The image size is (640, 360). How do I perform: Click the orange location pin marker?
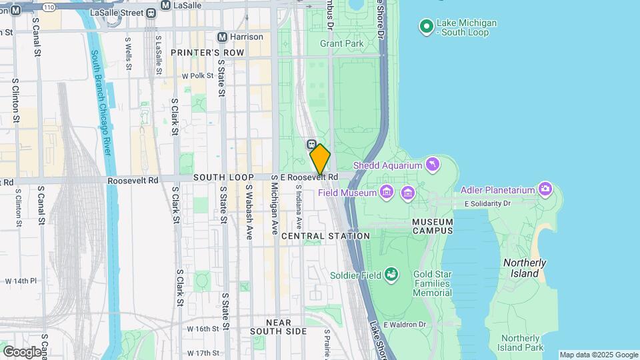click(x=320, y=159)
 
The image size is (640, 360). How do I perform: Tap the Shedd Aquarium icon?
click(x=435, y=165)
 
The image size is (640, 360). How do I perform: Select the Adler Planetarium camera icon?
click(x=545, y=189)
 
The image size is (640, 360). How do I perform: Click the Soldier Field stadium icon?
click(x=391, y=274)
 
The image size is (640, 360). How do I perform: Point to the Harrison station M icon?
click(x=223, y=37)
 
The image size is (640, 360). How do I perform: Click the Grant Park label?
click(x=341, y=44)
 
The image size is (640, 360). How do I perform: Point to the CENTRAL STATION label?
click(x=325, y=236)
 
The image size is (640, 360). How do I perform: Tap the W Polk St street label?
click(x=197, y=76)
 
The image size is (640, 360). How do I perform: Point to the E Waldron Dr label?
click(x=404, y=325)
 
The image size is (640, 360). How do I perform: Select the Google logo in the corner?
click(x=22, y=351)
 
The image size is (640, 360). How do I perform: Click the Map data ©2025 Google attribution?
click(x=598, y=355)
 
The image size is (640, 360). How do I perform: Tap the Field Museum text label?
click(x=347, y=193)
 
